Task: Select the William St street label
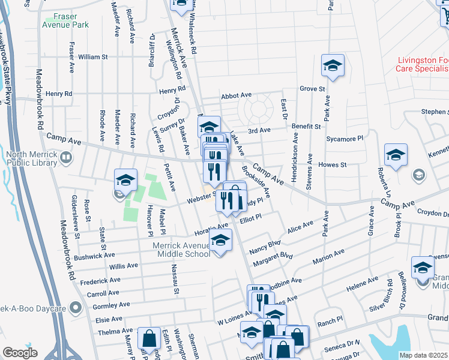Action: point(92,57)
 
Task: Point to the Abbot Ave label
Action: point(236,95)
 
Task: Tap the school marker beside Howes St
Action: point(396,155)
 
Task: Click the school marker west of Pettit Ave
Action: point(126,179)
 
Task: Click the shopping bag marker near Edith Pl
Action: point(148,339)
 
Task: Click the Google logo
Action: point(20,353)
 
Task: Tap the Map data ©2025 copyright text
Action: point(423,355)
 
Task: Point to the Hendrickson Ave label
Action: point(295,148)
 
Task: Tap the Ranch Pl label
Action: point(329,319)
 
